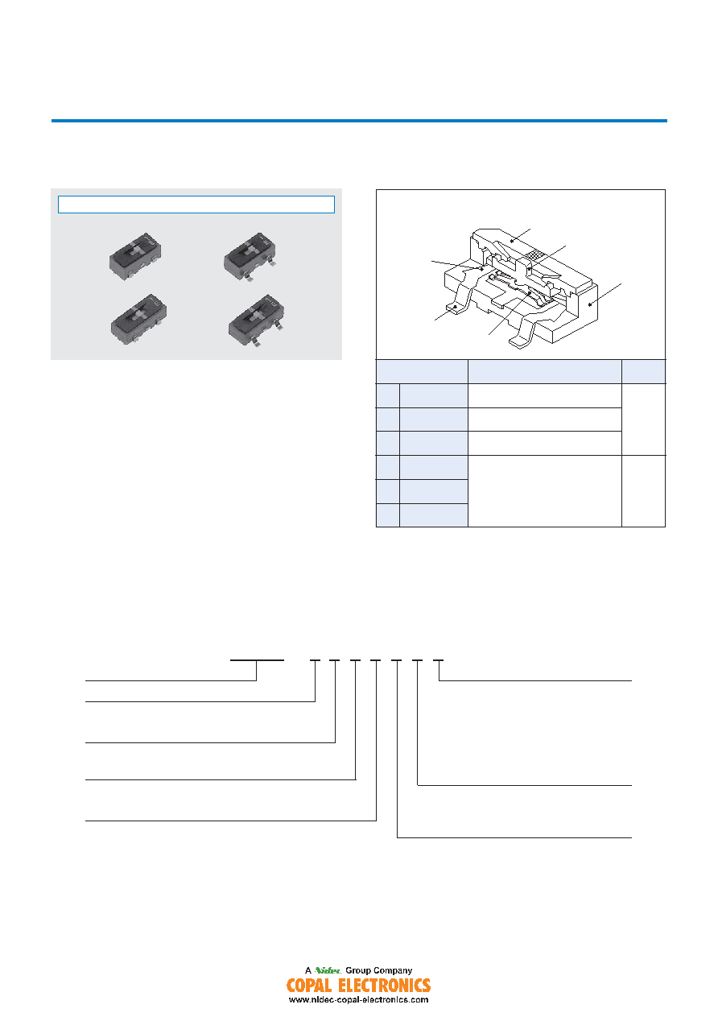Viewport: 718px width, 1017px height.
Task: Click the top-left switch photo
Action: (x=134, y=256)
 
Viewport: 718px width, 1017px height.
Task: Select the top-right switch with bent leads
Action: (x=250, y=257)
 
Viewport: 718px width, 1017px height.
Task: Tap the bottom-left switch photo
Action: (x=138, y=319)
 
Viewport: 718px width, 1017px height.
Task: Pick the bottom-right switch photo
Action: (x=257, y=320)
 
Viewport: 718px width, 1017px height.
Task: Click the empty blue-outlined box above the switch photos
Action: (x=196, y=205)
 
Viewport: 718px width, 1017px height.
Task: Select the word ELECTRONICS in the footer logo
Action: (x=385, y=986)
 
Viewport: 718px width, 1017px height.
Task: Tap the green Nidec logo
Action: (x=328, y=970)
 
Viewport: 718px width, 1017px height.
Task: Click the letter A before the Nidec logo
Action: (x=308, y=970)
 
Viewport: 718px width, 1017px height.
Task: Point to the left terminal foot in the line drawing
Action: (x=456, y=309)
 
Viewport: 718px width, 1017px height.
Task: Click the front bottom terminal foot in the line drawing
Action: (x=521, y=342)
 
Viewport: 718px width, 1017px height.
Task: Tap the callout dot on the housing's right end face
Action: (x=590, y=304)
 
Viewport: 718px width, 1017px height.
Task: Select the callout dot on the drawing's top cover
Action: (x=512, y=241)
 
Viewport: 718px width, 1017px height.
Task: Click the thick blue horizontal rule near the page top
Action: (x=359, y=121)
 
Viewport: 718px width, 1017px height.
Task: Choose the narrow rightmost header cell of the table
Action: (x=643, y=371)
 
